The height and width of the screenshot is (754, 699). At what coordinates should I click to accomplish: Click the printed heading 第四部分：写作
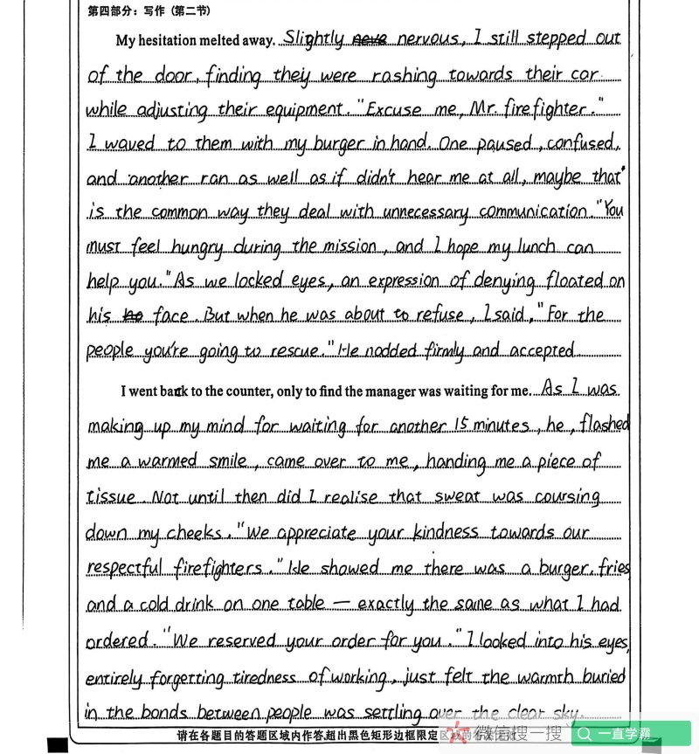point(119,11)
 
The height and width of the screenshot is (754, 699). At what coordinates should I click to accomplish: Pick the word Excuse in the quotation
point(397,110)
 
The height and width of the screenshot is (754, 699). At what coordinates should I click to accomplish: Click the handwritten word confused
point(586,143)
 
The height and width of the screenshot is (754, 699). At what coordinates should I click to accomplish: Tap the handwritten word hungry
point(199,247)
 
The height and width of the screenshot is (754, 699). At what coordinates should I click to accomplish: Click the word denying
point(507,281)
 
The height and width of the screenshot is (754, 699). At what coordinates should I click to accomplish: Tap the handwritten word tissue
point(111,497)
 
